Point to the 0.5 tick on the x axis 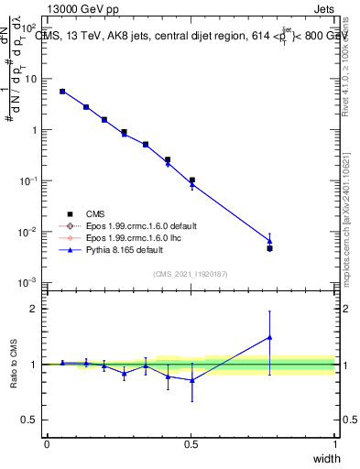click(191, 444)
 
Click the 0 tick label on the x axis click(47, 444)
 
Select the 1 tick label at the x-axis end click(334, 444)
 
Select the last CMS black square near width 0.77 click(269, 248)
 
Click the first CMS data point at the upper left click(62, 92)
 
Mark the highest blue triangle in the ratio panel click(269, 337)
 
